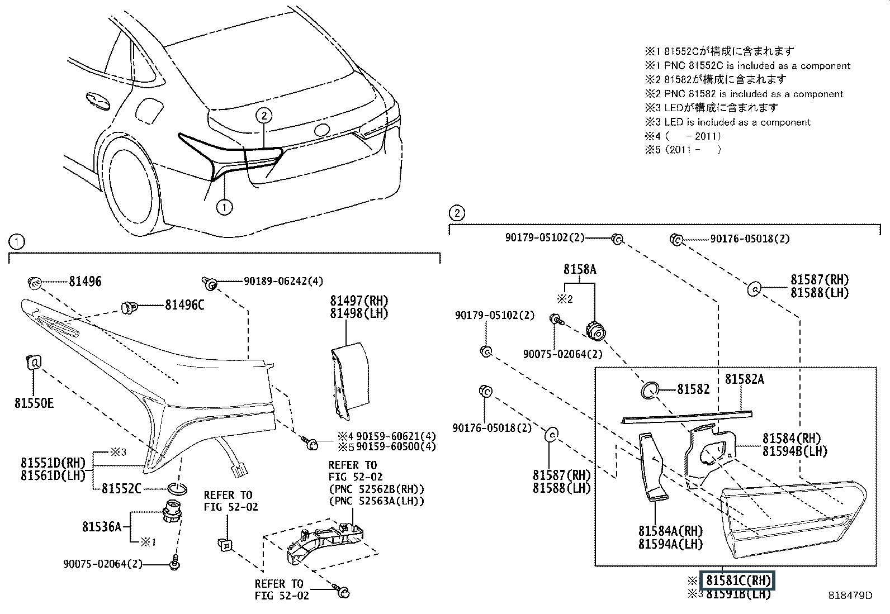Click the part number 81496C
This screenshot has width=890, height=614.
click(184, 305)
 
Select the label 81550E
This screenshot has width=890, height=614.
click(34, 402)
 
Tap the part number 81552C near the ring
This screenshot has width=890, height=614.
click(121, 489)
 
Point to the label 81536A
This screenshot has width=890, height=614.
click(102, 526)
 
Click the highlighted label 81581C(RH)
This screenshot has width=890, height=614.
click(738, 580)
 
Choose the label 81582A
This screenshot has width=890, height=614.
click(745, 379)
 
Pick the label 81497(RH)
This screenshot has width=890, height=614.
click(359, 301)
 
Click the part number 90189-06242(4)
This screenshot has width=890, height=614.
click(283, 282)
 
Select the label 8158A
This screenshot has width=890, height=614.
click(580, 269)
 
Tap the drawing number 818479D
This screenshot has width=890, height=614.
click(850, 596)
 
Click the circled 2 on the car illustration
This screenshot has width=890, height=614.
click(264, 116)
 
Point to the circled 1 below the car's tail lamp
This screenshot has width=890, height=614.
click(224, 207)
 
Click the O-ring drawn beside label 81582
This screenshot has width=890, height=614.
click(649, 390)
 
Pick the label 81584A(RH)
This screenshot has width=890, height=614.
click(670, 531)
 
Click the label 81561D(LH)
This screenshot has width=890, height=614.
click(53, 475)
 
